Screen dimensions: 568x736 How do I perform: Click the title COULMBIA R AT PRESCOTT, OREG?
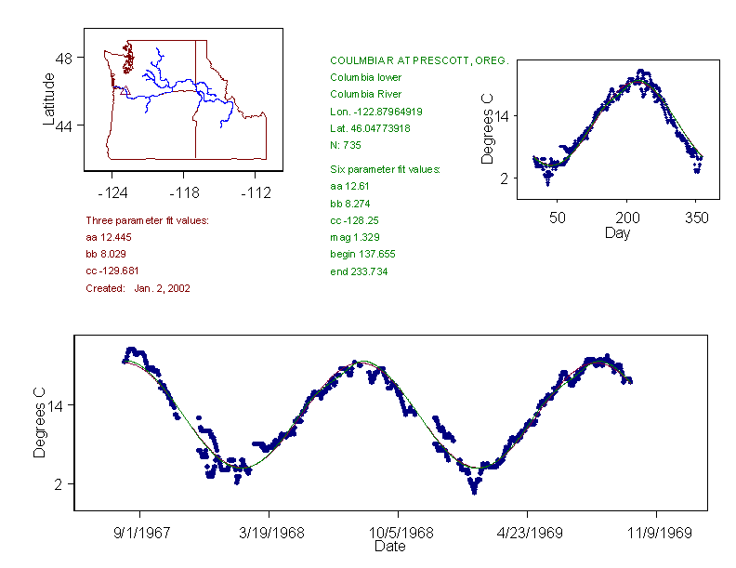[419, 60]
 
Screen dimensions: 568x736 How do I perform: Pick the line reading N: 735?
[346, 145]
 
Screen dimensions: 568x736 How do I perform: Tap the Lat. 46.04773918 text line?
[371, 128]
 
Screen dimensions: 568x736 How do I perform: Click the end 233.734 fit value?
[359, 271]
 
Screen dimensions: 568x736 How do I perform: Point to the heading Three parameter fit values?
[147, 220]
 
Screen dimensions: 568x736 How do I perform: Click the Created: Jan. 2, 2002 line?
[138, 288]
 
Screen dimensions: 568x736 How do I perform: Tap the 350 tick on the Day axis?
[697, 218]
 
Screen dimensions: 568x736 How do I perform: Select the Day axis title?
[617, 232]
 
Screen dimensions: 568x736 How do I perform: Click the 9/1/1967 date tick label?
[140, 534]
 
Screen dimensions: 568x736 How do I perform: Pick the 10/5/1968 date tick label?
[399, 534]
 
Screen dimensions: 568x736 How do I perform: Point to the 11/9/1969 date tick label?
[657, 534]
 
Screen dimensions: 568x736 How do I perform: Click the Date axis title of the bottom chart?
[389, 547]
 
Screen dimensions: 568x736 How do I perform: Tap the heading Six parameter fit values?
[385, 170]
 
